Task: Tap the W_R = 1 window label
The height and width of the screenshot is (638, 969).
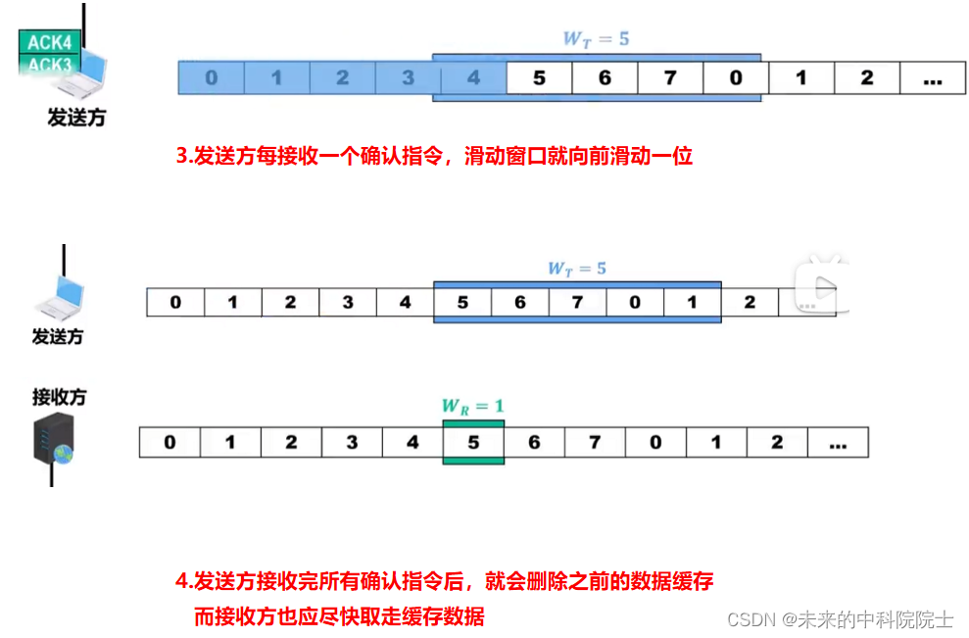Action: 473,405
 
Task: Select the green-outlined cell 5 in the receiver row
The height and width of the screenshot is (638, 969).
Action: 473,442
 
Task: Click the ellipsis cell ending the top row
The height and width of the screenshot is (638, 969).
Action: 932,77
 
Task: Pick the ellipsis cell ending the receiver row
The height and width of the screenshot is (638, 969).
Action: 837,442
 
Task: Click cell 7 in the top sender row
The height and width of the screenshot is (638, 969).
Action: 670,77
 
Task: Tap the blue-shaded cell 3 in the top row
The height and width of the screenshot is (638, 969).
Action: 408,77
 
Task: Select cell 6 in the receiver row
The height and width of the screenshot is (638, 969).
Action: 534,442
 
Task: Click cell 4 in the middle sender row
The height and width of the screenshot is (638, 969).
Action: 406,302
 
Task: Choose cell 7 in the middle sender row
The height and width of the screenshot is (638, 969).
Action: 577,302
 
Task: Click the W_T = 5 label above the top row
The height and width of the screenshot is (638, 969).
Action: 596,39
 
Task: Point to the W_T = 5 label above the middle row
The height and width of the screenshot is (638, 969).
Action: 578,268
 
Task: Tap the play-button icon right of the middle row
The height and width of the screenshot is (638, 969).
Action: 819,285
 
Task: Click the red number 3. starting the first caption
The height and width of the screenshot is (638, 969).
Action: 183,156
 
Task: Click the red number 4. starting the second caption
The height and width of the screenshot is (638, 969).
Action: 183,581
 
